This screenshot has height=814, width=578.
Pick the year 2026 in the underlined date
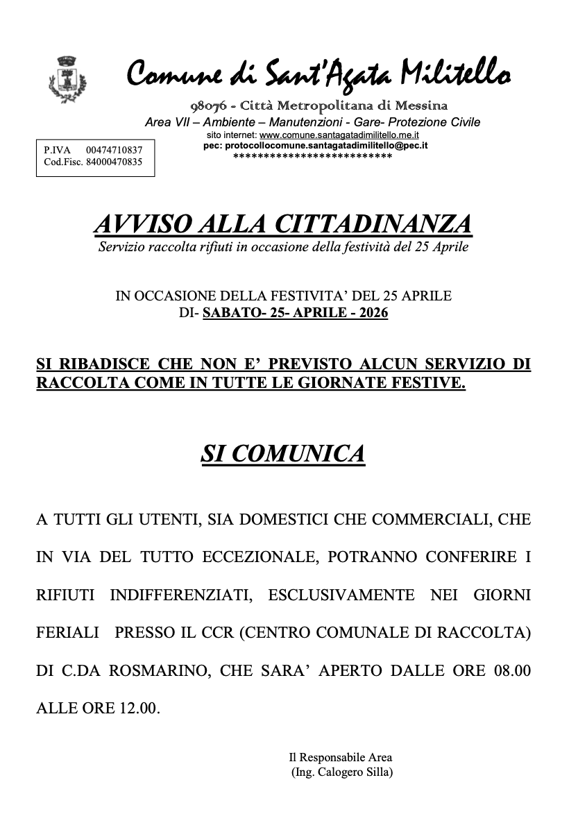click(369, 312)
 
